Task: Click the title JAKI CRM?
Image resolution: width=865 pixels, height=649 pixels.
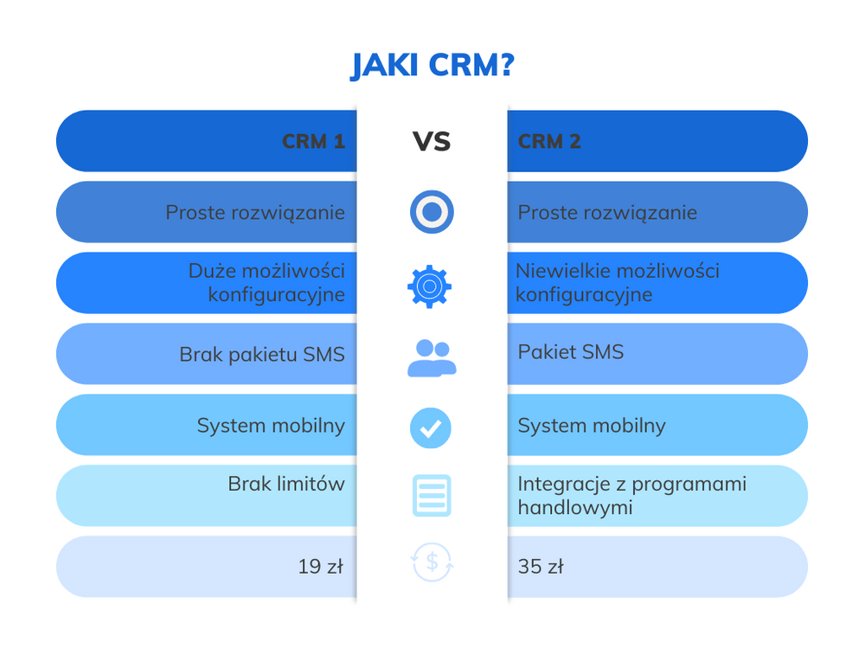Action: (x=432, y=66)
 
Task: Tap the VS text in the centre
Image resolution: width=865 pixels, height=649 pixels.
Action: (x=432, y=141)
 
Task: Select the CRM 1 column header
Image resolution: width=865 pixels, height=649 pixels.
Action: (x=313, y=141)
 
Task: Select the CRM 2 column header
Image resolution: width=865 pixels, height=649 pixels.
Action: (x=549, y=141)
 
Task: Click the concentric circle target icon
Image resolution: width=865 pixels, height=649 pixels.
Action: (x=432, y=212)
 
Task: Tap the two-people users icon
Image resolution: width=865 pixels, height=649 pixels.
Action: (x=432, y=357)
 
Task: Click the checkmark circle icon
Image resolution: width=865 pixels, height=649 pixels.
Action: (x=431, y=427)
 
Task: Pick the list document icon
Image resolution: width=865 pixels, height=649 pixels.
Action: (x=431, y=496)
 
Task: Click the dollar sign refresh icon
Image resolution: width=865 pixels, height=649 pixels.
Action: (x=432, y=563)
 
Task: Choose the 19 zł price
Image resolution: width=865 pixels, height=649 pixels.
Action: (x=321, y=567)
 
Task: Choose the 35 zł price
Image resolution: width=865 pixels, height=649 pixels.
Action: (x=541, y=567)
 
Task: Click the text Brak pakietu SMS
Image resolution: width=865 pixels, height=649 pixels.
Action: (x=262, y=354)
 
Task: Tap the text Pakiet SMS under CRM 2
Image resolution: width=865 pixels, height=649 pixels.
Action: (x=570, y=352)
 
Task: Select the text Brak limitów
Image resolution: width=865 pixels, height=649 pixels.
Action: (x=286, y=484)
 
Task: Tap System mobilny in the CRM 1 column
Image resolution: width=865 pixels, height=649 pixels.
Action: (x=271, y=425)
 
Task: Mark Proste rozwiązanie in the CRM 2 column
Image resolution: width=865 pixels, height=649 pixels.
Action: (x=607, y=212)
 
